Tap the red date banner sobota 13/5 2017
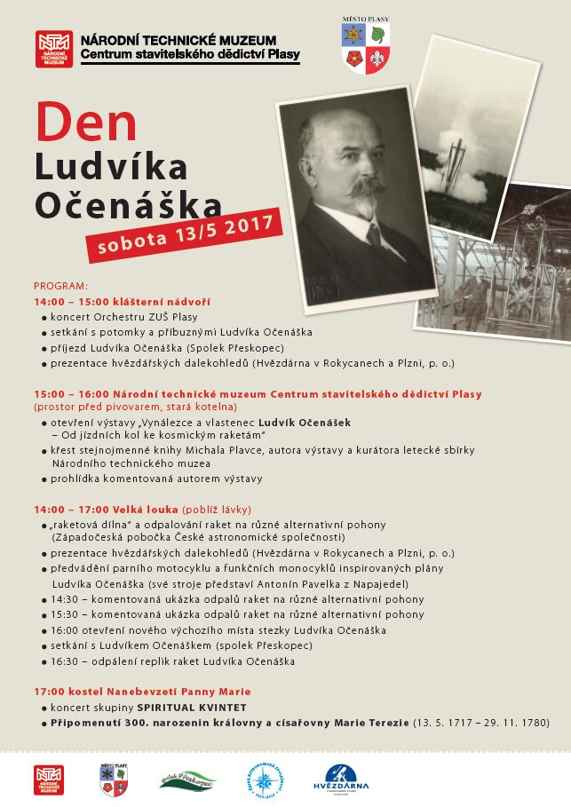(184, 234)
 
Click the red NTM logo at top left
(54, 50)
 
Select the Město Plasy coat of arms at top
(365, 48)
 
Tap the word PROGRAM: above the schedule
(61, 286)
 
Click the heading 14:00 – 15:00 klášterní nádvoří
(122, 302)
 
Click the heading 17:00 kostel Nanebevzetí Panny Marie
(142, 692)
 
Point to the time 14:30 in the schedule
(65, 599)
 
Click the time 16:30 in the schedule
(65, 661)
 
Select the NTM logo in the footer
(49, 779)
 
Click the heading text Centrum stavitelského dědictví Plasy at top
(190, 55)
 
